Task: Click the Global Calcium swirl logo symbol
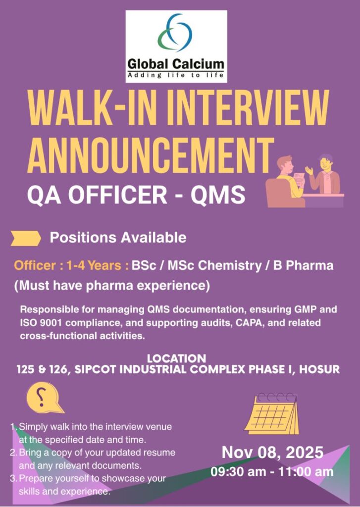(x=175, y=32)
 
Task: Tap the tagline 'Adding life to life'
(x=176, y=75)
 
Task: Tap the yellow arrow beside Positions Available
(x=26, y=238)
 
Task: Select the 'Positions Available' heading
(x=118, y=238)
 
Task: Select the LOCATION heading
(x=177, y=358)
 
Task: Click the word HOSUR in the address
(x=319, y=369)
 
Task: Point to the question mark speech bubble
(x=44, y=398)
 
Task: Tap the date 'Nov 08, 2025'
(x=272, y=452)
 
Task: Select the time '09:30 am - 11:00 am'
(x=272, y=471)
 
